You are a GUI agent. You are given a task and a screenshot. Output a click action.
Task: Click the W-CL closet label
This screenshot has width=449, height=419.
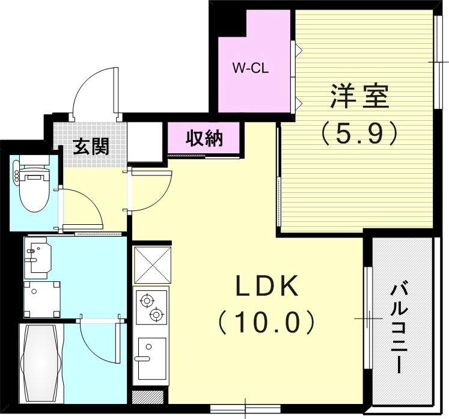coord(250,68)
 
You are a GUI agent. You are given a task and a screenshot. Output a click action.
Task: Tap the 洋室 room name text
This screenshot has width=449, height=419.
coord(359,97)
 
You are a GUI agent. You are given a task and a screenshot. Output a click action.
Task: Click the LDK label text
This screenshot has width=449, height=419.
coord(267,289)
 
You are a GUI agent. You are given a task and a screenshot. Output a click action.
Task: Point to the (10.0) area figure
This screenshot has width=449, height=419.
coord(266,323)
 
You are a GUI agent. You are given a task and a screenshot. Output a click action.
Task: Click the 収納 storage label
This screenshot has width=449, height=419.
coord(204,138)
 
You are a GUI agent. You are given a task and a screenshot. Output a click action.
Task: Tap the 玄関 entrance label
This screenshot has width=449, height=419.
coord(91,146)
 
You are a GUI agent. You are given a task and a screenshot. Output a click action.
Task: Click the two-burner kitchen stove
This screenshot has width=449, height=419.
coord(150,307)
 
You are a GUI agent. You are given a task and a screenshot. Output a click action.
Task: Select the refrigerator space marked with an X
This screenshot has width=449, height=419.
coord(151,265)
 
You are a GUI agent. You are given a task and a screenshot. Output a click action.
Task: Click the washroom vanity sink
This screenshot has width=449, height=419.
coord(37,257)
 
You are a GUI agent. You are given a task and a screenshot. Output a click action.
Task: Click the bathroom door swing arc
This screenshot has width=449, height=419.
coord(99,343)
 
